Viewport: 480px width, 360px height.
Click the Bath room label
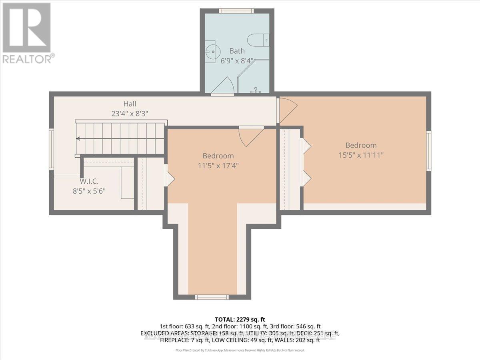click(237, 51)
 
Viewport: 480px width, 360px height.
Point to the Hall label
click(130, 104)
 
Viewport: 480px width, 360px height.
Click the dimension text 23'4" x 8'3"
click(130, 113)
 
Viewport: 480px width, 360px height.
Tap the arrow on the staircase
click(78, 139)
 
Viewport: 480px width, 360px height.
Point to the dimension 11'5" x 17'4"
click(218, 165)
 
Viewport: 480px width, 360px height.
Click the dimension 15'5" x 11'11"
click(361, 154)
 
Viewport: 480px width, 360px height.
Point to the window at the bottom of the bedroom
click(212, 297)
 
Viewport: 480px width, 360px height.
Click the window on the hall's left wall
click(51, 149)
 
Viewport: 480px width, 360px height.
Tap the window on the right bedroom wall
click(428, 151)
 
